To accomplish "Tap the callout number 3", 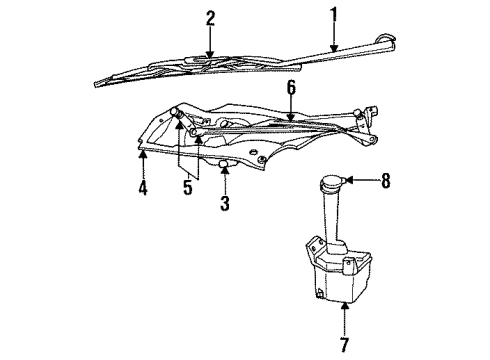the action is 225,205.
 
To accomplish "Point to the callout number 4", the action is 143,188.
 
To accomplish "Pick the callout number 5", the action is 187,188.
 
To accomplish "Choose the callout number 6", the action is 291,89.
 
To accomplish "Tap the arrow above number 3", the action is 225,178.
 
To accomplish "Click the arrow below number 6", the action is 291,112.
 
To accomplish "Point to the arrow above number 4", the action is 143,160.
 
